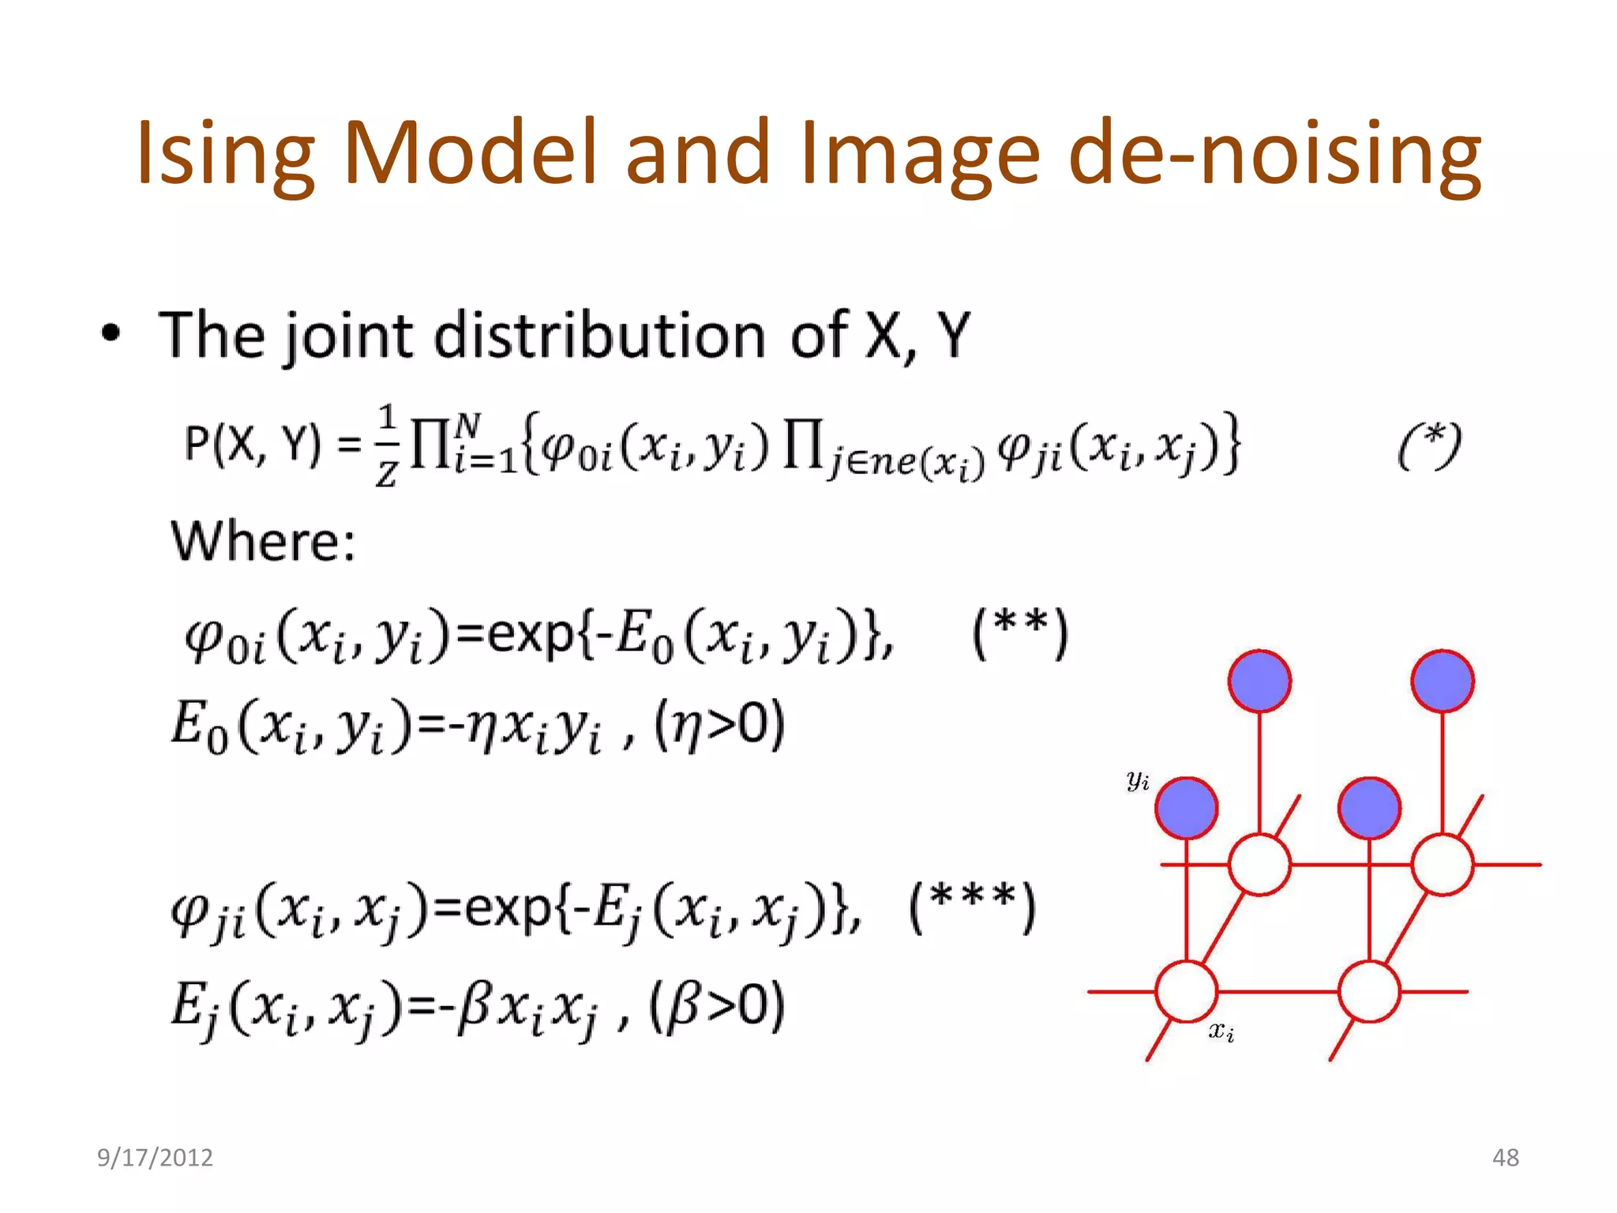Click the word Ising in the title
coord(226,154)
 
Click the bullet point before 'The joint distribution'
coord(111,334)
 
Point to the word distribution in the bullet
coord(600,335)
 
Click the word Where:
coord(264,543)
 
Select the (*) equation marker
coord(1429,446)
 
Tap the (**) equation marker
coord(1019,633)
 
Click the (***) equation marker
coord(972,908)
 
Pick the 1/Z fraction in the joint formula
coord(386,446)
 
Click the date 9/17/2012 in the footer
coord(155,1158)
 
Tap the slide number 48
coord(1505,1158)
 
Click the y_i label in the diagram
coord(1138,781)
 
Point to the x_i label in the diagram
coord(1221,1031)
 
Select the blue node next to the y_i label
coord(1186,808)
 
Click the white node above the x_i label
coord(1186,991)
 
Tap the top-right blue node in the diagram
coord(1442,681)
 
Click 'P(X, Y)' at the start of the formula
coord(252,445)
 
